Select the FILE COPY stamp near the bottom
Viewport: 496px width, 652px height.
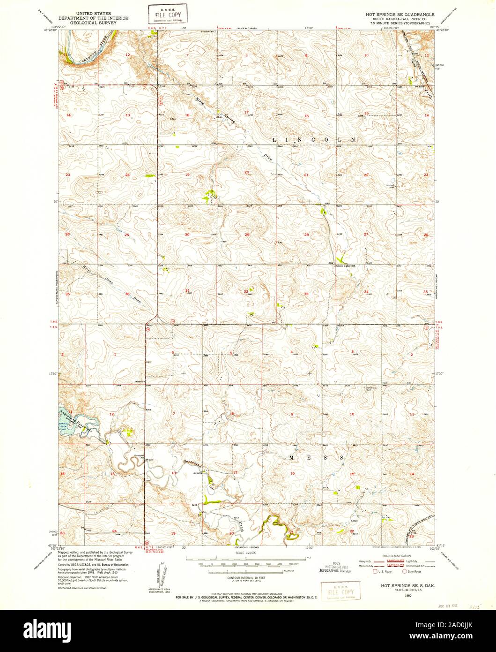(341, 589)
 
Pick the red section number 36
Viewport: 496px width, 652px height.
(127, 294)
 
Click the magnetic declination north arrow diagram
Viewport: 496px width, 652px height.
(156, 575)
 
